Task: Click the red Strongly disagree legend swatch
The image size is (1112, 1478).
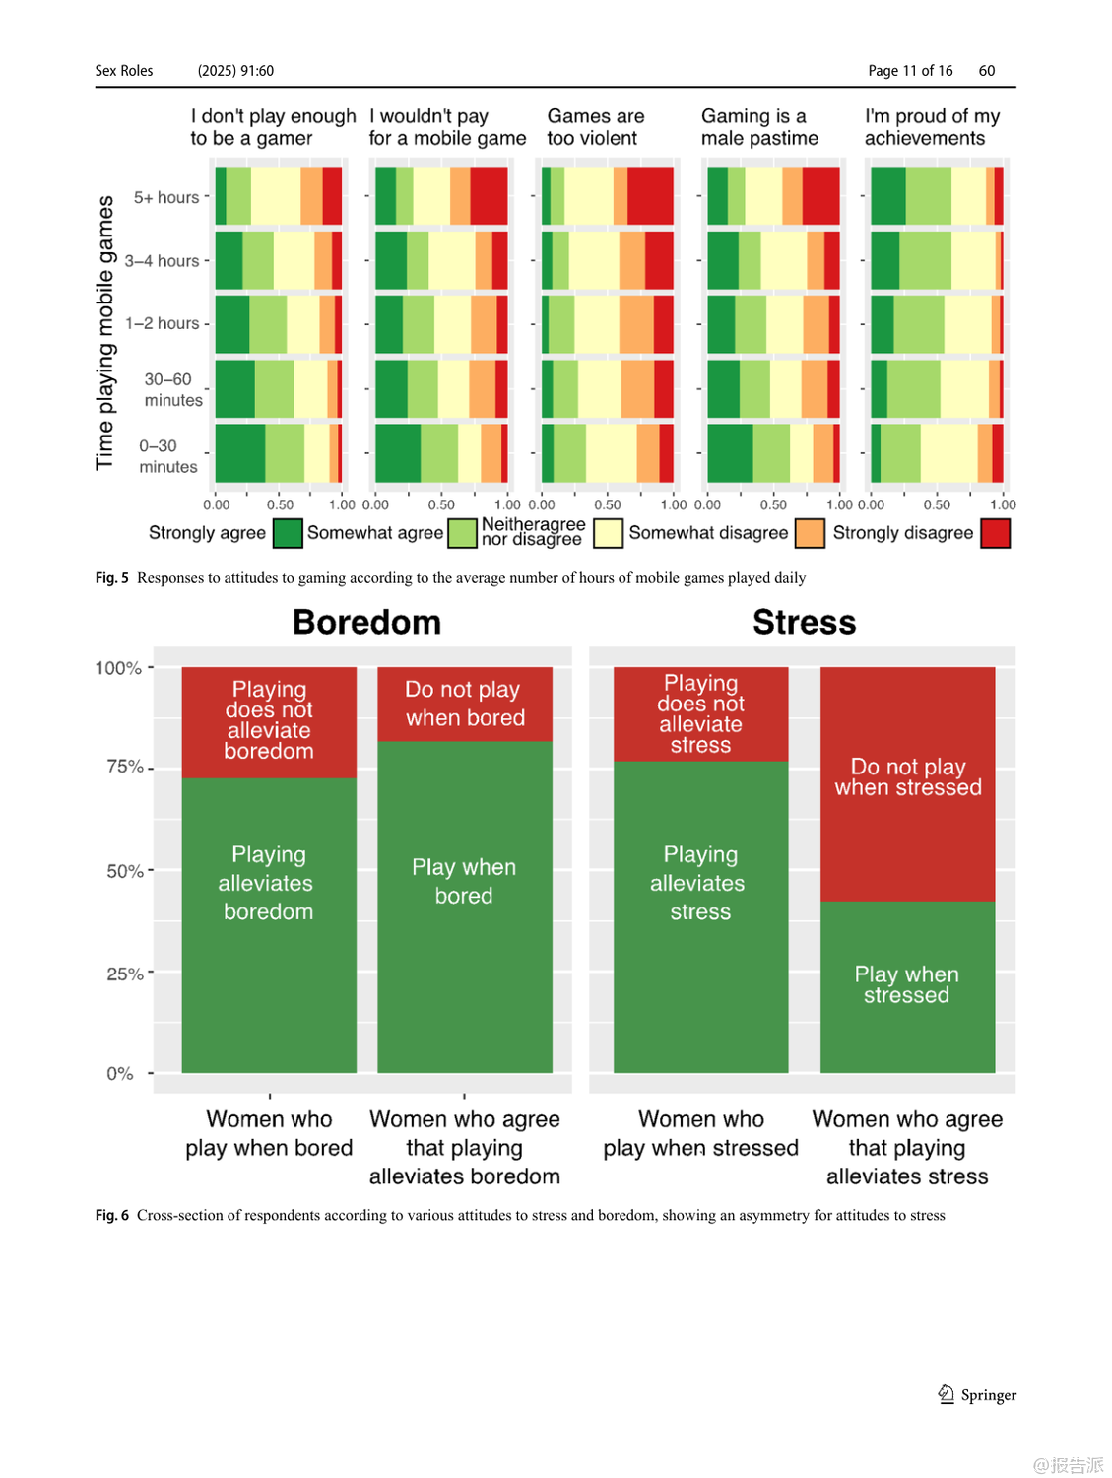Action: point(995,533)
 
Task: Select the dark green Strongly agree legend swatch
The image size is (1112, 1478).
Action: point(287,533)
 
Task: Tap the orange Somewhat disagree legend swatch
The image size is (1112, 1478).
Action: point(809,533)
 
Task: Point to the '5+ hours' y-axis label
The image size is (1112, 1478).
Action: point(166,197)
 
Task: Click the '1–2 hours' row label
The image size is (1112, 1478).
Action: point(163,323)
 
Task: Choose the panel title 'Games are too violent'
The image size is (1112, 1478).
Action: point(595,127)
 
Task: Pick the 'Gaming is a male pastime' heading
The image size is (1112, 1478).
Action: point(759,127)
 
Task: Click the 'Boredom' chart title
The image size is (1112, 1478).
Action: point(366,623)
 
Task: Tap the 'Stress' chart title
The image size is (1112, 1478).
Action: point(804,623)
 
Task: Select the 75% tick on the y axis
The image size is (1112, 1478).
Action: point(125,767)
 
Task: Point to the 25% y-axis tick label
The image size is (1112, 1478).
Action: point(125,974)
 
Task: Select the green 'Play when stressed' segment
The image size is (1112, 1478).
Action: point(907,985)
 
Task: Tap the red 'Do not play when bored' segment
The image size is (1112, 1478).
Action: point(465,704)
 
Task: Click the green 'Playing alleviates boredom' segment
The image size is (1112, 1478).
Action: point(268,926)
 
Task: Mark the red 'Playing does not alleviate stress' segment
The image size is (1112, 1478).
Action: point(700,713)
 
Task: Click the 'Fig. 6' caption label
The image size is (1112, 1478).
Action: point(111,1215)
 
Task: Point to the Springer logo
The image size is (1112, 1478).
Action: point(947,1394)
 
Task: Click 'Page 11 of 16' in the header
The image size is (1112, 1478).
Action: point(910,71)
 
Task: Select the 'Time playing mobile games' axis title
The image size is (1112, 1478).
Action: point(104,332)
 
